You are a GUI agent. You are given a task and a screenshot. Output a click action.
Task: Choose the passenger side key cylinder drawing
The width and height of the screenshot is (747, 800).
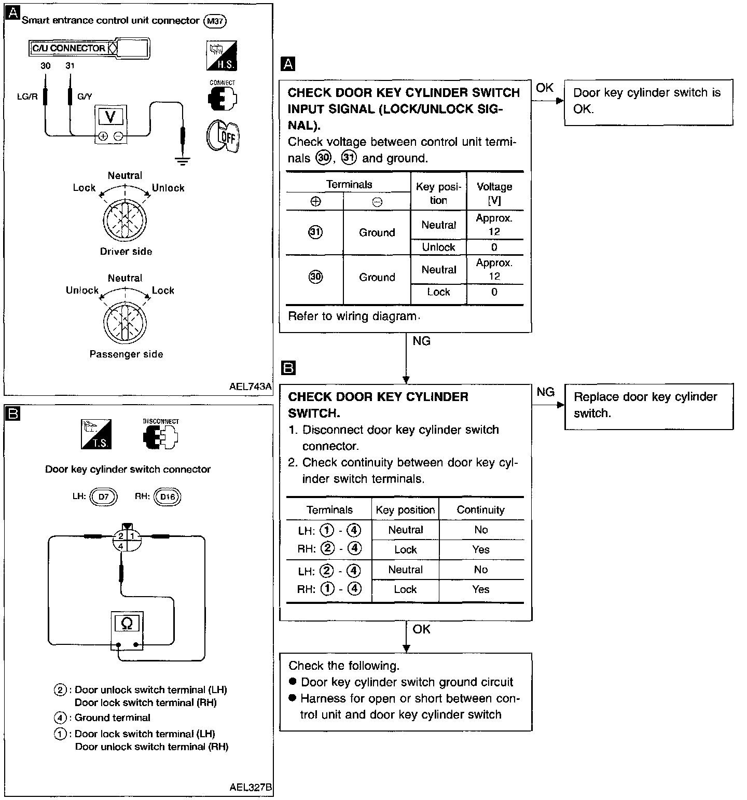tap(125, 323)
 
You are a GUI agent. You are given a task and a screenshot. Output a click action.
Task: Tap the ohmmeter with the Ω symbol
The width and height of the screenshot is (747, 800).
tap(127, 630)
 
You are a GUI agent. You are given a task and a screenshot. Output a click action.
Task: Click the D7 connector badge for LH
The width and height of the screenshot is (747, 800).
tap(104, 496)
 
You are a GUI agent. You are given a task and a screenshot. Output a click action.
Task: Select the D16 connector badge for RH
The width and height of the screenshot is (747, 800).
tap(168, 496)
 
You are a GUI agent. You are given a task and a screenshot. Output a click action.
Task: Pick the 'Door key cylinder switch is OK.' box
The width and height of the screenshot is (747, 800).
tap(648, 102)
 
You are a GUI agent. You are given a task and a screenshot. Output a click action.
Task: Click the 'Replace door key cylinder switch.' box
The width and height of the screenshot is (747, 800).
tap(649, 406)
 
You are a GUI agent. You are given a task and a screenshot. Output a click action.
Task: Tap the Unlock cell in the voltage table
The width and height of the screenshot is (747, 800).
tap(438, 247)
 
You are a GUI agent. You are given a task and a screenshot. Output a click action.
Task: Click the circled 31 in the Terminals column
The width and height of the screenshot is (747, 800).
tap(315, 232)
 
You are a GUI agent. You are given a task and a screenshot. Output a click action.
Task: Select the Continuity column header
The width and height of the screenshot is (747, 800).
tap(480, 510)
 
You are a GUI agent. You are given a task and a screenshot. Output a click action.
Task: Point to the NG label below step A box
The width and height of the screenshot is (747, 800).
tap(421, 341)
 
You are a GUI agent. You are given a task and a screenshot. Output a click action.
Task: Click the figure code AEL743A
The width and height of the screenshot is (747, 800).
tap(250, 387)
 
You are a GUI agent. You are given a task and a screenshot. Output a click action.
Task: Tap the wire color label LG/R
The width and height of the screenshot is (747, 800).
tap(27, 96)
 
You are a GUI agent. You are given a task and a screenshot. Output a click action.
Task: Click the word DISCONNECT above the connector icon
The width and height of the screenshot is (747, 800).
tap(161, 422)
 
